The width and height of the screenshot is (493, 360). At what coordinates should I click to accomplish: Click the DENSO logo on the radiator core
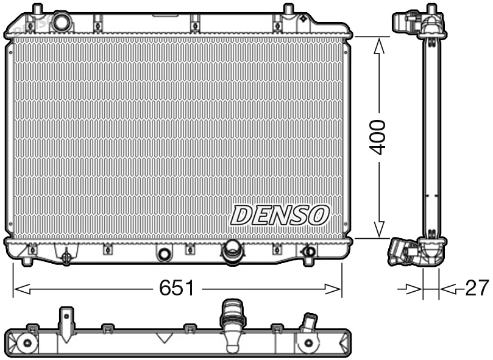280,214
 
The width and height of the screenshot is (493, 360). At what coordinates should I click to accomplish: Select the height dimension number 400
379,137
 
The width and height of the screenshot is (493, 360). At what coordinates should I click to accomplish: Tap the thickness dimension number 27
477,288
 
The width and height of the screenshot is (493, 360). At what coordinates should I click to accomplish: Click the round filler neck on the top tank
62,23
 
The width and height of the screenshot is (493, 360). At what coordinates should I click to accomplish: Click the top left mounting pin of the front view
37,10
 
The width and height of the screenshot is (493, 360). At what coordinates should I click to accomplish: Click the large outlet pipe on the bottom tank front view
232,252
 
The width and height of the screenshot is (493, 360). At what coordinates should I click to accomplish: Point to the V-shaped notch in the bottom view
163,338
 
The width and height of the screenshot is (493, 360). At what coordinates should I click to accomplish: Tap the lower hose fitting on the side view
405,250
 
